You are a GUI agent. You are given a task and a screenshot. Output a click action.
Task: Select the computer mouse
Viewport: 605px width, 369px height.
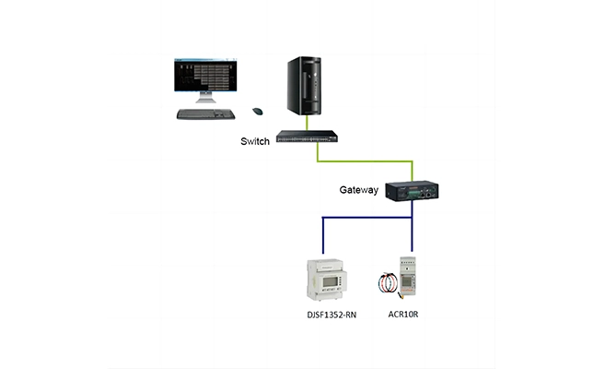coord(259,111)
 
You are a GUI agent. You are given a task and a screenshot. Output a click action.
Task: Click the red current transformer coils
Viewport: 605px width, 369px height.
coord(389,281)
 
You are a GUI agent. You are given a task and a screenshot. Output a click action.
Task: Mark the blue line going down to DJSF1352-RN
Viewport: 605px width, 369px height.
coord(322,235)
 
